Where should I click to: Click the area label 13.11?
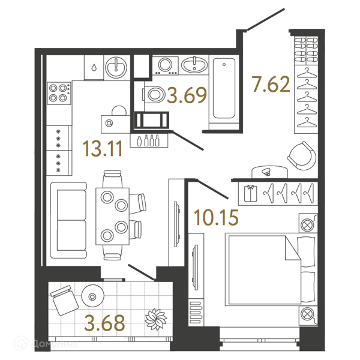pyautogui.click(x=103, y=149)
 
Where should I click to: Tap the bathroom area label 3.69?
pyautogui.click(x=187, y=95)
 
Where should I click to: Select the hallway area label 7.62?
pyautogui.click(x=271, y=84)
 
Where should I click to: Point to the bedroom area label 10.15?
pyautogui.click(x=216, y=217)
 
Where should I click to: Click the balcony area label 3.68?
pyautogui.click(x=104, y=323)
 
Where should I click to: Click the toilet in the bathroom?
pyautogui.click(x=154, y=95)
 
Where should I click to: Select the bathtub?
pyautogui.click(x=224, y=88)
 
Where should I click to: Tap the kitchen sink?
pyautogui.click(x=116, y=67)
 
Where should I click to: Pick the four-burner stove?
pyautogui.click(x=59, y=93)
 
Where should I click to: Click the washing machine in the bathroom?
pyautogui.click(x=166, y=65)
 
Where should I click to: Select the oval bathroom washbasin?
pyautogui.click(x=194, y=65)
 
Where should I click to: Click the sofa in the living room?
pyautogui.click(x=68, y=220)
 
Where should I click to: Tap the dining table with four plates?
pyautogui.click(x=113, y=216)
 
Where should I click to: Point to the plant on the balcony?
pyautogui.click(x=155, y=319)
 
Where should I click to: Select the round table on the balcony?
pyautogui.click(x=93, y=296)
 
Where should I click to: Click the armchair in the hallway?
pyautogui.click(x=302, y=155)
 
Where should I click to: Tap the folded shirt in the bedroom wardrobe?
pyautogui.click(x=250, y=193)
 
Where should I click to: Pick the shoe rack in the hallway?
pyautogui.click(x=306, y=50)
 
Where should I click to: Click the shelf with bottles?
pyautogui.click(x=149, y=140)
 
